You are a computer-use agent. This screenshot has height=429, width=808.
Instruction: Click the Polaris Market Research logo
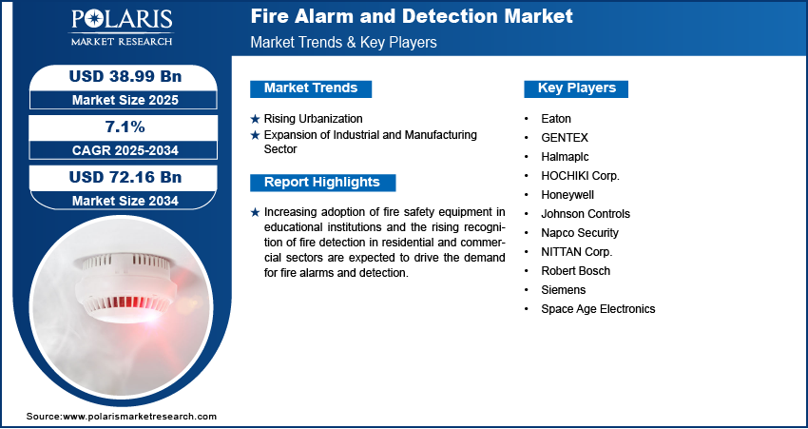click(x=122, y=28)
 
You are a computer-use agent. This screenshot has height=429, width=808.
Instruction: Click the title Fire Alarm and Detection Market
click(x=412, y=16)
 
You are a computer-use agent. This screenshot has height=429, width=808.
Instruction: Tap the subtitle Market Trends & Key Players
click(x=344, y=42)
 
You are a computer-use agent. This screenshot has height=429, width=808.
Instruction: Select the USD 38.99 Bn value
click(x=125, y=76)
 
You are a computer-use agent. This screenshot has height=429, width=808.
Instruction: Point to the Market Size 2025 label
click(x=125, y=100)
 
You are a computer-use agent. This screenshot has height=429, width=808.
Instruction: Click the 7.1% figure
click(x=125, y=127)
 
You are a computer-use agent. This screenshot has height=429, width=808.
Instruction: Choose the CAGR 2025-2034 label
click(x=125, y=150)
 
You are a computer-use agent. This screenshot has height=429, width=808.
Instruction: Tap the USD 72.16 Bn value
click(x=125, y=177)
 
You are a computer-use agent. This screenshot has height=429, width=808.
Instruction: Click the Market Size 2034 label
click(x=125, y=200)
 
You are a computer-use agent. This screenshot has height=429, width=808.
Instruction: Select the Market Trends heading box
click(x=311, y=88)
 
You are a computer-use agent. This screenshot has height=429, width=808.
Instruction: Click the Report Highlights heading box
click(x=322, y=183)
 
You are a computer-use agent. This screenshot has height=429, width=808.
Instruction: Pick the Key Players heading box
click(x=576, y=88)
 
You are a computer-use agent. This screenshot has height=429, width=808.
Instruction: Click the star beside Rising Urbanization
click(x=255, y=119)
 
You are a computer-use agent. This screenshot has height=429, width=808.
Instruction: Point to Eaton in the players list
click(x=556, y=119)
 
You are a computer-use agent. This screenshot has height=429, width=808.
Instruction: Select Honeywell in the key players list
click(x=568, y=195)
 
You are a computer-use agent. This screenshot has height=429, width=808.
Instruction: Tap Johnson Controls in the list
click(x=586, y=213)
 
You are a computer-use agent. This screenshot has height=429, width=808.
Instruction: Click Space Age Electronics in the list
click(x=598, y=309)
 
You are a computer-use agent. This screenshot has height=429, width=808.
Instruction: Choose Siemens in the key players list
click(x=564, y=290)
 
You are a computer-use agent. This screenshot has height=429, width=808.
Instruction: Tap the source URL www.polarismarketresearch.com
click(x=140, y=416)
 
